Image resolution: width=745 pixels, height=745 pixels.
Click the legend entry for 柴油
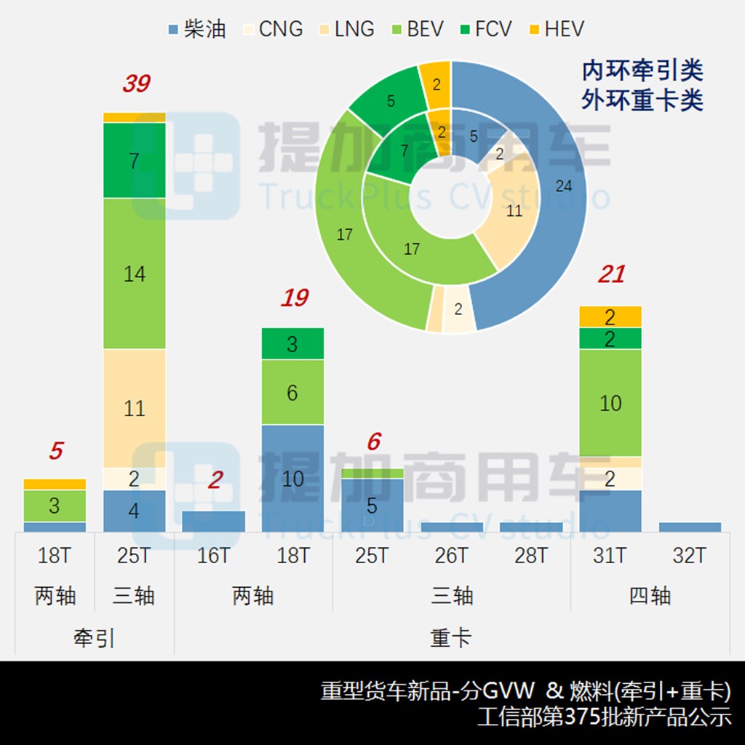(x=196, y=29)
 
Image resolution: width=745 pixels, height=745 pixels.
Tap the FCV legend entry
(x=483, y=29)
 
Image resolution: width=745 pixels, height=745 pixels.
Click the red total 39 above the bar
(x=135, y=84)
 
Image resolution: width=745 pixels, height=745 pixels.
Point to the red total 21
(x=611, y=274)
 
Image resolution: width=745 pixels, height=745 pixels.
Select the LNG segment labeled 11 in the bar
(x=135, y=408)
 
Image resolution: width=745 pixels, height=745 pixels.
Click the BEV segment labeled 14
(x=135, y=274)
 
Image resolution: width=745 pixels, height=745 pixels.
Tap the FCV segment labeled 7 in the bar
(x=135, y=161)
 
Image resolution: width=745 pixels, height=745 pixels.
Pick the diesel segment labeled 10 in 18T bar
(x=292, y=478)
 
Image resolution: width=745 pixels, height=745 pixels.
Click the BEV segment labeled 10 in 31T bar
(x=610, y=403)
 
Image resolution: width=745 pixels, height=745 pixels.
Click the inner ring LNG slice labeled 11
(x=514, y=212)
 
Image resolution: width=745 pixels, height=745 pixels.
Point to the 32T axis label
(x=689, y=556)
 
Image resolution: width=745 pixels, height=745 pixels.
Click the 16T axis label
(x=213, y=556)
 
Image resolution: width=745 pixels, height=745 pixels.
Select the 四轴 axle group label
(x=650, y=596)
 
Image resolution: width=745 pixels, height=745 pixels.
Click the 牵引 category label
(x=95, y=638)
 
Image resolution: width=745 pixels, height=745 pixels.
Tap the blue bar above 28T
(x=531, y=527)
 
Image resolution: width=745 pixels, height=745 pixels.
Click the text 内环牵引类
(x=642, y=71)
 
